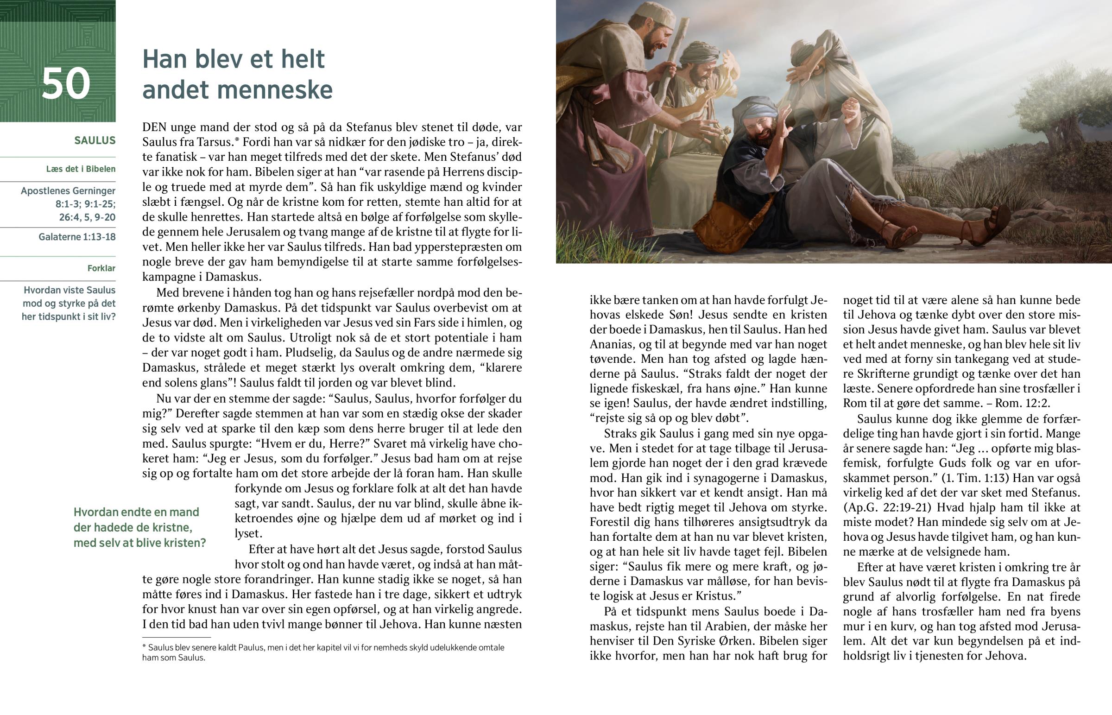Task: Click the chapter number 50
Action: pyautogui.click(x=66, y=83)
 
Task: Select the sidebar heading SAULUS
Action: pyautogui.click(x=95, y=141)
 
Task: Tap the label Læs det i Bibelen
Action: pyautogui.click(x=81, y=169)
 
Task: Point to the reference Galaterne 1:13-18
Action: pyautogui.click(x=77, y=237)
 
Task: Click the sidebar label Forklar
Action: pyautogui.click(x=101, y=268)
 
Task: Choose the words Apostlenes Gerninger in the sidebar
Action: pyautogui.click(x=68, y=191)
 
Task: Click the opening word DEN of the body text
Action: pyautogui.click(x=154, y=127)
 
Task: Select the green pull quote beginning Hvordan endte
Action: pyautogui.click(x=139, y=527)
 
